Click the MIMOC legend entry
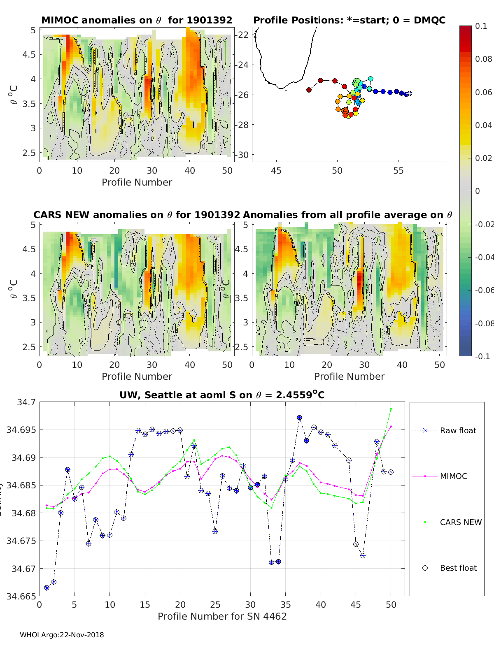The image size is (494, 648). point(453,476)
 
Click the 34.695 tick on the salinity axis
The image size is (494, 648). point(21,430)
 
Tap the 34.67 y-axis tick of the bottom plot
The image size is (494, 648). point(23,569)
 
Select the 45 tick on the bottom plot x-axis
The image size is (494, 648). point(356,604)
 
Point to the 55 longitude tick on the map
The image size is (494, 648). point(398,170)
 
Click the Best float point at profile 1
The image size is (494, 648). point(47,588)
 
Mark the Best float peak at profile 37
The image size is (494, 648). point(300,418)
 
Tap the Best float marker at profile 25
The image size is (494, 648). point(215,532)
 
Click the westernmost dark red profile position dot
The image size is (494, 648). point(309,90)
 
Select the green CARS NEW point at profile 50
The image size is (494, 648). point(391,409)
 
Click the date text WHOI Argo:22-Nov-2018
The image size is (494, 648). point(62,635)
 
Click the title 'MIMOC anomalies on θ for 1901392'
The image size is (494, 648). point(137,20)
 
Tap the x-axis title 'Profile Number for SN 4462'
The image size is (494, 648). point(222,616)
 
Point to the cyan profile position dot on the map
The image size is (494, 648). point(370,79)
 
